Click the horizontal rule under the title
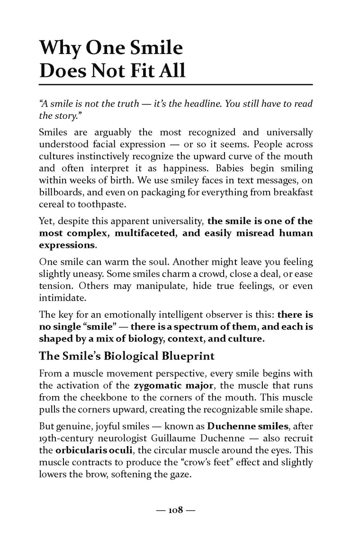point(176,85)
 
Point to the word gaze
point(182,473)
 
